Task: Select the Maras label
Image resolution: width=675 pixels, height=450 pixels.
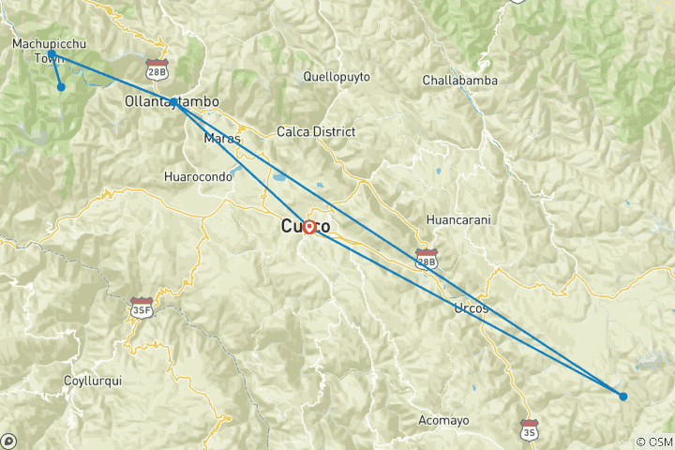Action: [x=222, y=139]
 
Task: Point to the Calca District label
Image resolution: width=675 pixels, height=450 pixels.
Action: [x=316, y=132]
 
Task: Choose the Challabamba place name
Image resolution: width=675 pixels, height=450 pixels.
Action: [x=459, y=80]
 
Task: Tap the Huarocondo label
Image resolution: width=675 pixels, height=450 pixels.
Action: [x=196, y=175]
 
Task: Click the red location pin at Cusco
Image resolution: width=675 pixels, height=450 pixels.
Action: [x=308, y=226]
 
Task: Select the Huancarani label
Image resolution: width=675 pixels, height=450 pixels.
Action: [x=458, y=219]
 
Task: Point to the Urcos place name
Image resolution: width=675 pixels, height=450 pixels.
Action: [x=471, y=308]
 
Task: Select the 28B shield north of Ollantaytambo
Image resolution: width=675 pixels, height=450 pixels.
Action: [x=157, y=68]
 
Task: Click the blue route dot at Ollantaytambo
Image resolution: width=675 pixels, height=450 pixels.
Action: [x=174, y=101]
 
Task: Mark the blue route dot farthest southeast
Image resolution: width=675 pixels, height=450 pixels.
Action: [x=623, y=396]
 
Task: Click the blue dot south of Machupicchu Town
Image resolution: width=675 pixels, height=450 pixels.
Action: [x=61, y=87]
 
